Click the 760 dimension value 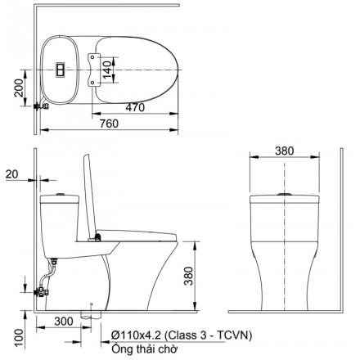click(109, 124)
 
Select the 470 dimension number click(135, 107)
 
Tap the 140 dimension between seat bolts click(107, 70)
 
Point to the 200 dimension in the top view click(19, 88)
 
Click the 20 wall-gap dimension click(11, 174)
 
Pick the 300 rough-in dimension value click(64, 322)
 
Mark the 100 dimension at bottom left click(19, 338)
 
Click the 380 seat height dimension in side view click(188, 276)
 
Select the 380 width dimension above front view click(285, 151)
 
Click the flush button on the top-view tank click(61, 70)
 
